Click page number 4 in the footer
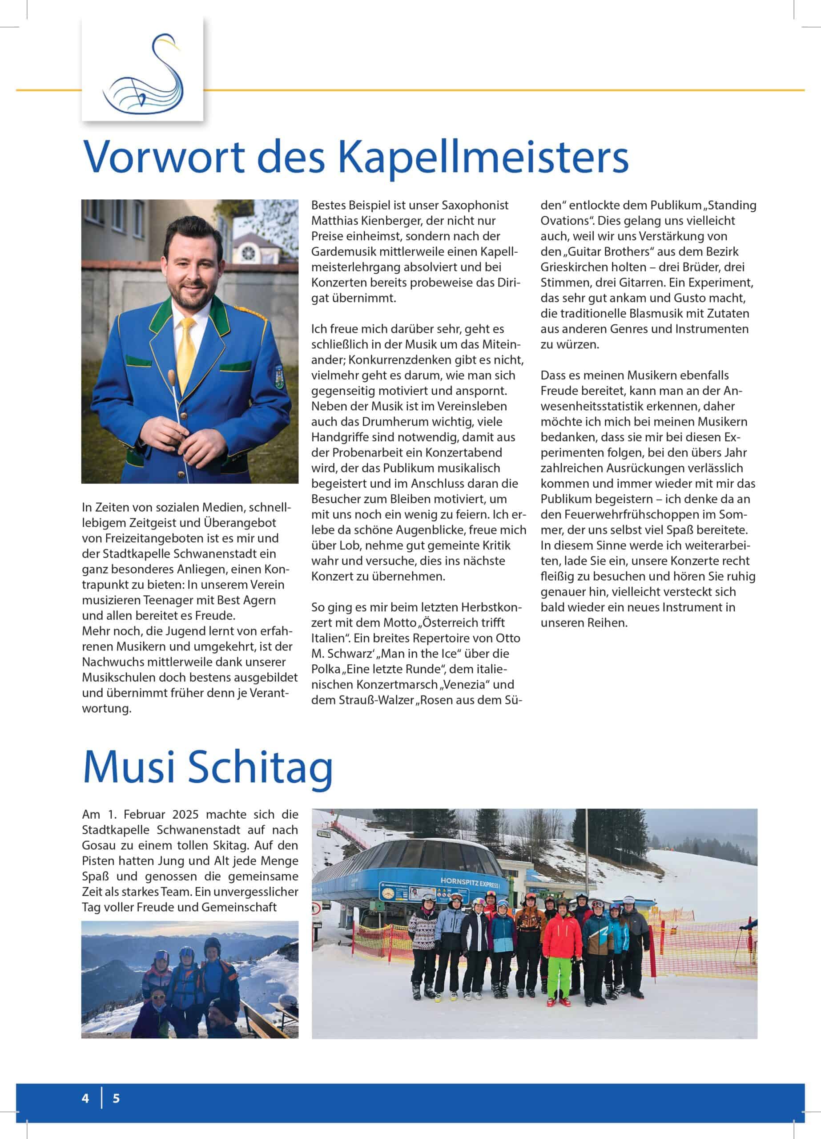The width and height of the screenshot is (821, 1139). click(85, 1099)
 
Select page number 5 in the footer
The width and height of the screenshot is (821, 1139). click(116, 1099)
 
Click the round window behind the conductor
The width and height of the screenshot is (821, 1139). click(248, 253)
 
